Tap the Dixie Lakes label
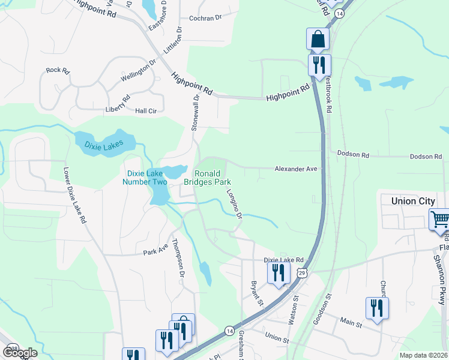point(100,145)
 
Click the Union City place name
point(413,201)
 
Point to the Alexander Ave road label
point(296,169)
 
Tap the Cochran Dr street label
point(205,19)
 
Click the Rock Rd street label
point(58,70)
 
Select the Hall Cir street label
point(146,111)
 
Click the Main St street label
point(350,325)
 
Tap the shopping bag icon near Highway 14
point(318,39)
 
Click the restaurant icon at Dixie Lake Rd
point(279,273)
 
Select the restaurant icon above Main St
point(377,308)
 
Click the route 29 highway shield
point(303,273)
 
